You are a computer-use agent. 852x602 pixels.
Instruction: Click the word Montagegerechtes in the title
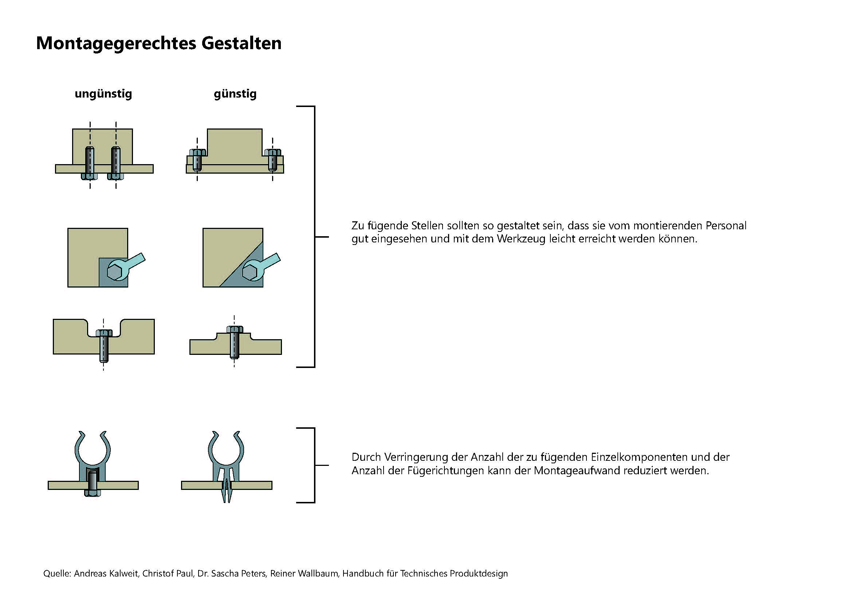[116, 44]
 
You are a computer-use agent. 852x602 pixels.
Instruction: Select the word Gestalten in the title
[242, 43]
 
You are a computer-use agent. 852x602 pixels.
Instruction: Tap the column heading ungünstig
[103, 94]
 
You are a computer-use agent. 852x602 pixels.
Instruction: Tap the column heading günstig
[235, 94]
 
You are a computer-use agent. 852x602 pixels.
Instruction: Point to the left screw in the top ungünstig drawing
[90, 163]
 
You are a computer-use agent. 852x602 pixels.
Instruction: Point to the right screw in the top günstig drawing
[273, 159]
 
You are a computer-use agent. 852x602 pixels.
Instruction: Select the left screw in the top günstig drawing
[197, 159]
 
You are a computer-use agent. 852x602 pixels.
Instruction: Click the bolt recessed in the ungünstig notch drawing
[104, 345]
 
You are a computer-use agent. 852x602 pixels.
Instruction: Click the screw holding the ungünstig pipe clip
[92, 482]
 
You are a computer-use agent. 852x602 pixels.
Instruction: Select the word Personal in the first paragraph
[726, 226]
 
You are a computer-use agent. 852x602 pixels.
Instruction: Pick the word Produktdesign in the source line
[479, 574]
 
